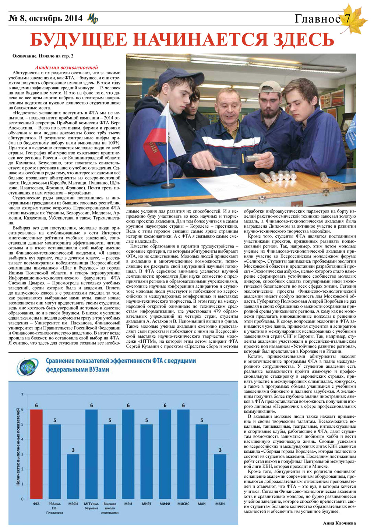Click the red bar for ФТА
pos(36,454)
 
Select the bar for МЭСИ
pos(73,476)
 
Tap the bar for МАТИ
pos(220,476)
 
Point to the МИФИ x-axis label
pos(165,503)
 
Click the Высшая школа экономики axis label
pos(110,508)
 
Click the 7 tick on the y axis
pos(22,395)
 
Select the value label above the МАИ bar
pos(201,420)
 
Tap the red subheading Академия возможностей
pos(66,68)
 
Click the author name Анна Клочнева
pos(339,523)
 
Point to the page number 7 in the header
pos(347,18)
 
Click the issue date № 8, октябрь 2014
pos(45,18)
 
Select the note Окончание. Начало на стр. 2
pos(43,56)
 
